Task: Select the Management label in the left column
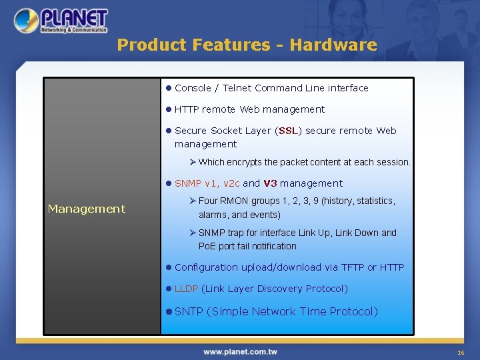coord(87,209)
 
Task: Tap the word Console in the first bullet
coord(193,88)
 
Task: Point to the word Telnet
coord(237,88)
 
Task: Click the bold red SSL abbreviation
coord(288,131)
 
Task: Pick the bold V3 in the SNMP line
coord(270,183)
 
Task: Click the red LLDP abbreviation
coord(186,289)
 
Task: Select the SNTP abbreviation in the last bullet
coord(189,311)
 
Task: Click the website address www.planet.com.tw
coord(240,351)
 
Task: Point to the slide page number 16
coord(460,352)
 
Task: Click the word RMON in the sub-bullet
coord(234,201)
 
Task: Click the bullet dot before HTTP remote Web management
coord(169,109)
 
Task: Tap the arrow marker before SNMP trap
coord(193,233)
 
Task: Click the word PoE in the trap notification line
coord(207,246)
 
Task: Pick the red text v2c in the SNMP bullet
coord(231,183)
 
